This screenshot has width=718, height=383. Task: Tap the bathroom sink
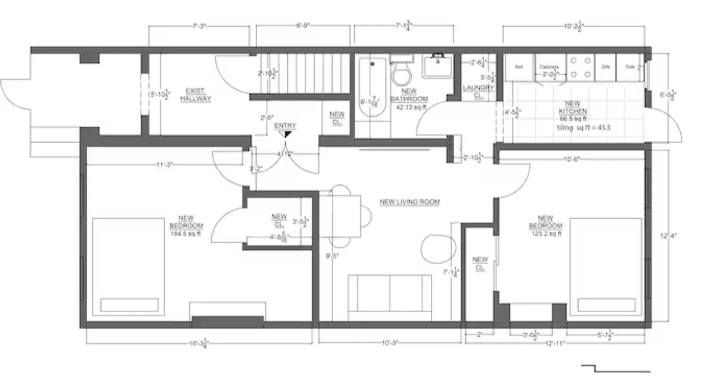point(437,66)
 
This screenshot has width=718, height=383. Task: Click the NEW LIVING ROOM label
point(409,202)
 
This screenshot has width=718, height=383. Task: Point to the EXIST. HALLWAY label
point(195,95)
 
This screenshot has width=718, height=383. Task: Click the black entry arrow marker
point(287,135)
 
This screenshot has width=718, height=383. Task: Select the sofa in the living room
point(390,297)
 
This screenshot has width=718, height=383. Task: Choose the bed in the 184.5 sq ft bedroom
point(128,267)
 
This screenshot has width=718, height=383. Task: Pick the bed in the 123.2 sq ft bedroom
point(606,267)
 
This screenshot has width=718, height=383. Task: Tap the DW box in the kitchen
point(606,67)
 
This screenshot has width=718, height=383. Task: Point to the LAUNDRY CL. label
point(478,91)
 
